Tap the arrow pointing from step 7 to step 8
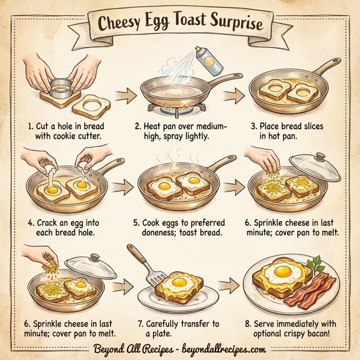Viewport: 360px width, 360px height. (229, 282)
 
